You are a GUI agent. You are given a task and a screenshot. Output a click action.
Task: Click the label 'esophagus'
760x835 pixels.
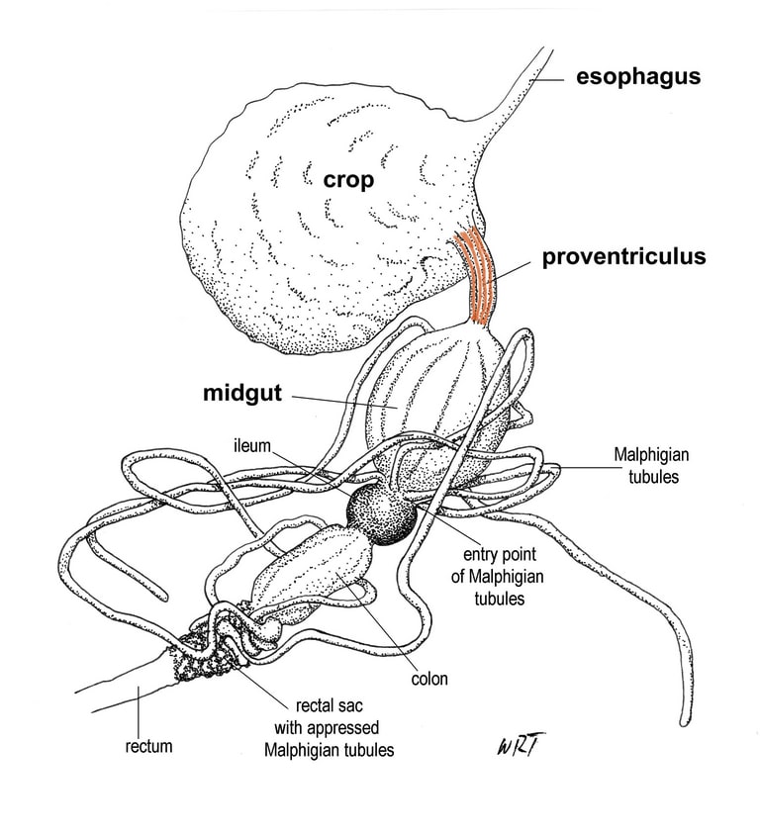[638, 76]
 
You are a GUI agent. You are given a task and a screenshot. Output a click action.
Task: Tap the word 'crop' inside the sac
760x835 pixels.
[346, 180]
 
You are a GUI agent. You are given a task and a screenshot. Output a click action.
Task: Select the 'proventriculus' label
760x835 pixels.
[623, 257]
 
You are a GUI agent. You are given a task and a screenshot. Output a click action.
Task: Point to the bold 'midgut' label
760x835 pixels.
[243, 393]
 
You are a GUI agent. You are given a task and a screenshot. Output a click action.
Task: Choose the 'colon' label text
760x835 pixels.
[429, 679]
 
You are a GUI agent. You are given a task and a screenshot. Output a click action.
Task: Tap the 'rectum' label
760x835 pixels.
[148, 747]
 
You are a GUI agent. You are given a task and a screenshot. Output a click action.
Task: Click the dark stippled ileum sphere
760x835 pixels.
[380, 513]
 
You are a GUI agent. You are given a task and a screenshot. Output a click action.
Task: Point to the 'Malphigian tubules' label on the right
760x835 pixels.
[651, 465]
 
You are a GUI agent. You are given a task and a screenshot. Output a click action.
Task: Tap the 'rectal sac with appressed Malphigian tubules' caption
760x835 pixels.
[330, 728]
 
